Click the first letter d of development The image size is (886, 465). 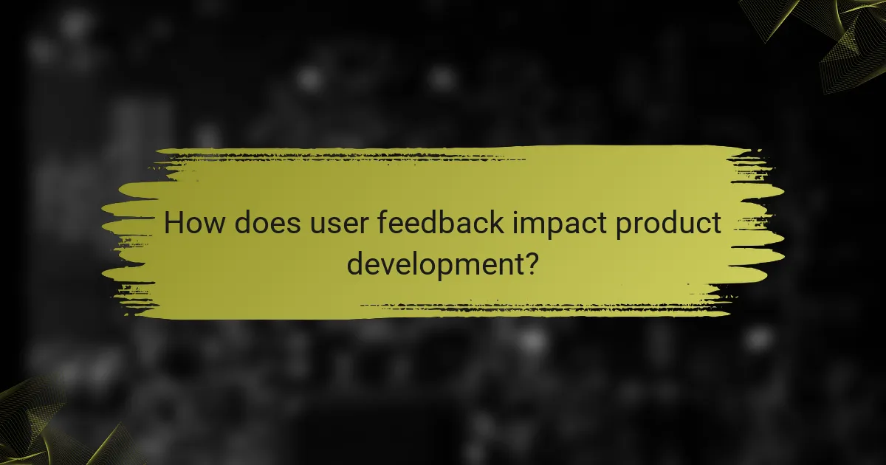pos(356,263)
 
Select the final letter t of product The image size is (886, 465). pos(715,224)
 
